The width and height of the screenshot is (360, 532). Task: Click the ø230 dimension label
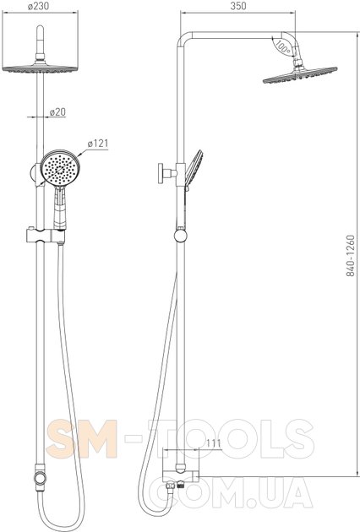point(38,6)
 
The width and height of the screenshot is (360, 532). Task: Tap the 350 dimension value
point(238,6)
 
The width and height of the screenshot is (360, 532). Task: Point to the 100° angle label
point(282,46)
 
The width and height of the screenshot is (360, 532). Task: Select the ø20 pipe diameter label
point(57,112)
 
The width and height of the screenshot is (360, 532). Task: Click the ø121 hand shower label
point(98,144)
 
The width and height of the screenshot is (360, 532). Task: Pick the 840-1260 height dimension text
point(351,256)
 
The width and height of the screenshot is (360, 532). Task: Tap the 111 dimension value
point(214,443)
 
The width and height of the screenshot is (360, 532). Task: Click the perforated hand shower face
point(60,168)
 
